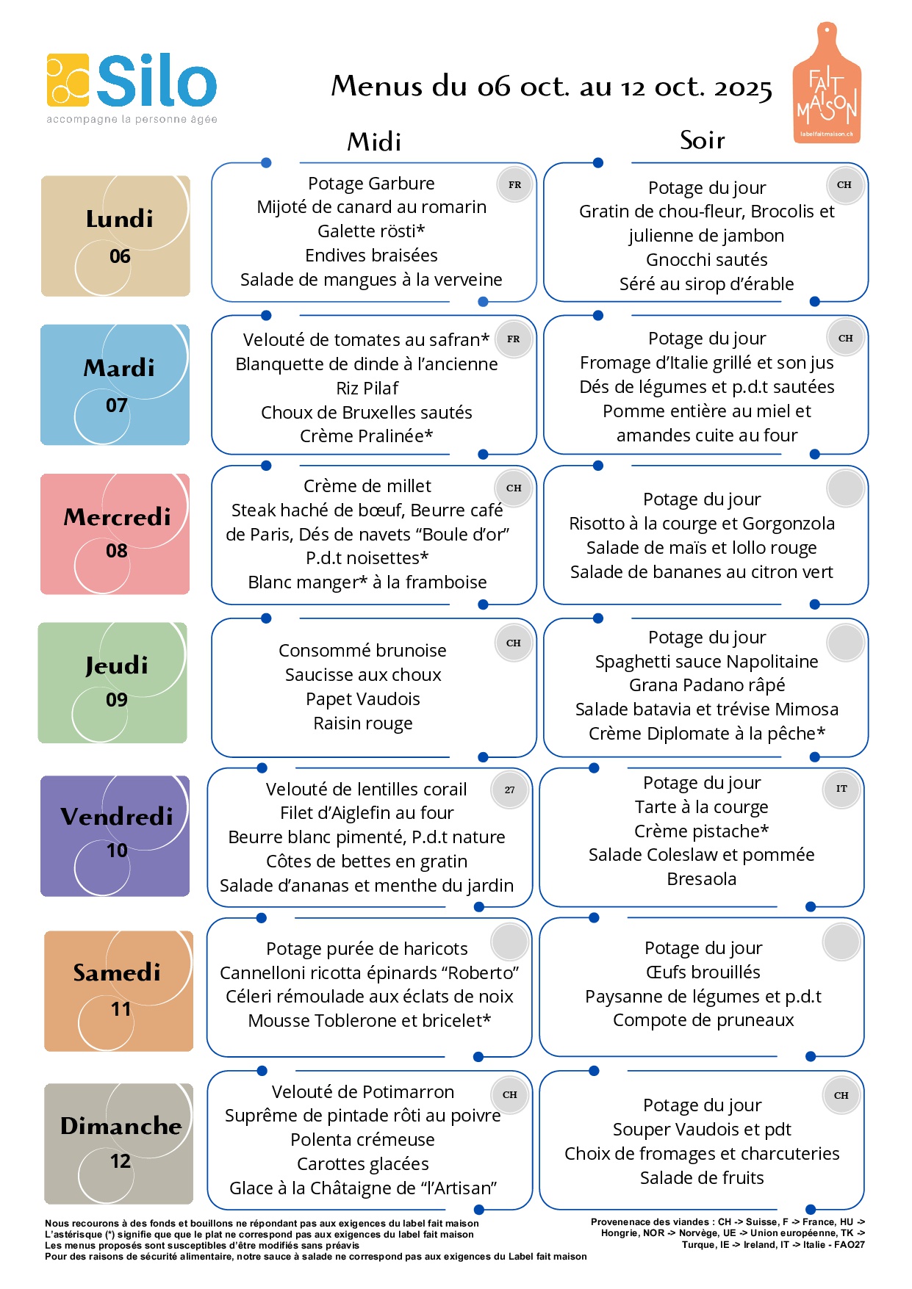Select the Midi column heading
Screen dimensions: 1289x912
point(374,141)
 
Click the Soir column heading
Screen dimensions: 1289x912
point(702,140)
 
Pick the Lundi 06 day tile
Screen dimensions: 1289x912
point(116,236)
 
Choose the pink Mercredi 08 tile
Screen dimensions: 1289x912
point(115,534)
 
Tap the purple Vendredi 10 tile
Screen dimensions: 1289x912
point(115,836)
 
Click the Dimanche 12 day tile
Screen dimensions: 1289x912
point(119,1143)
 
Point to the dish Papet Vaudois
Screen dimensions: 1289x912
point(363,698)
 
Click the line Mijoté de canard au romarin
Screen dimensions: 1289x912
point(371,207)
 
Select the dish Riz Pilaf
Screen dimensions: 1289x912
point(367,388)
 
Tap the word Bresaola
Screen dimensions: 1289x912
point(701,878)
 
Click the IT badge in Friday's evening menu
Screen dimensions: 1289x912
point(841,789)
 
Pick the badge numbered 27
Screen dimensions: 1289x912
point(509,790)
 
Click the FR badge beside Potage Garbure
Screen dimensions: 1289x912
point(514,185)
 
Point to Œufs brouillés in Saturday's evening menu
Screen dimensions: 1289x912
point(703,972)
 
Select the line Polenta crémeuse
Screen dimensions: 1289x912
point(362,1139)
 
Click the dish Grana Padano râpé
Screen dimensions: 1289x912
point(706,685)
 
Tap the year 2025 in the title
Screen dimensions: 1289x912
point(742,87)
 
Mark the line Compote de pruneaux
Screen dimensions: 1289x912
point(703,1019)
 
